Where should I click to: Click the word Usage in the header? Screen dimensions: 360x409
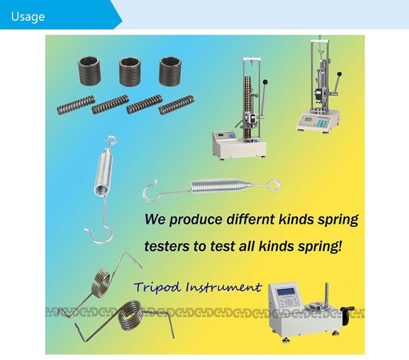pos(27,16)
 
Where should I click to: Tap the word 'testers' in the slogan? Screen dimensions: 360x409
pos(167,246)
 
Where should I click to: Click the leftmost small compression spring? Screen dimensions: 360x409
pos(76,105)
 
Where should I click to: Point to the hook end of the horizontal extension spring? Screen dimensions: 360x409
pos(149,190)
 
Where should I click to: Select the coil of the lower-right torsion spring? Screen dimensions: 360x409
pos(130,315)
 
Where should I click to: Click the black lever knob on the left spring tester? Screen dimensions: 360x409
pos(266,82)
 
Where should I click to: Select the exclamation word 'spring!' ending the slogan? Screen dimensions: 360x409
pos(322,246)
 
